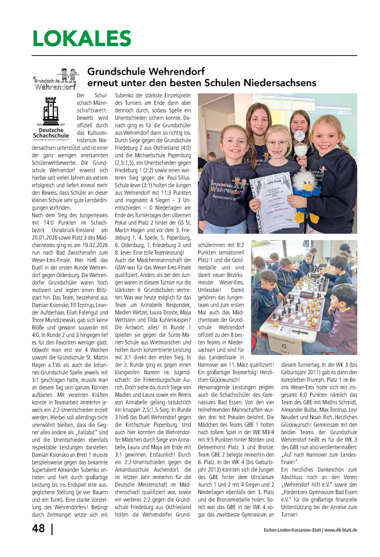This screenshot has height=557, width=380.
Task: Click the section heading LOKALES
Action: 82,39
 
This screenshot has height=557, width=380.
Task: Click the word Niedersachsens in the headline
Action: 277,83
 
